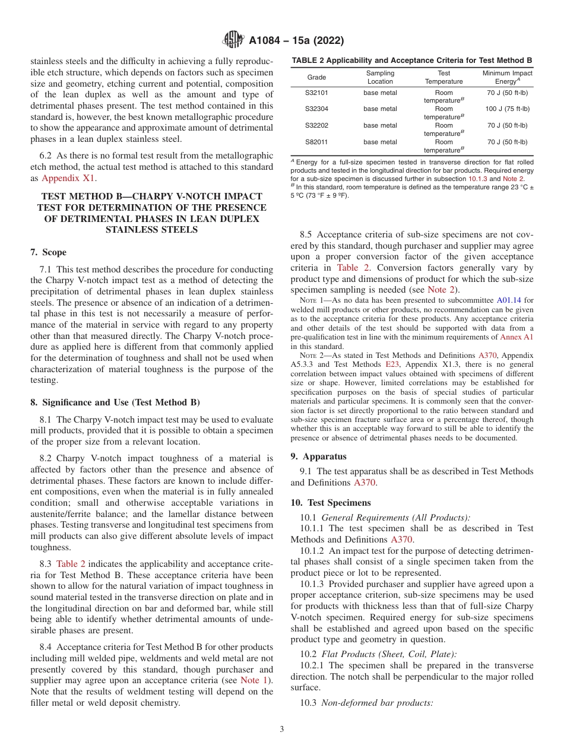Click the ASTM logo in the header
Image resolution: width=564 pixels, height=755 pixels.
pos(233,40)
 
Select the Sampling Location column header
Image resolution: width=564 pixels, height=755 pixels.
pos(380,77)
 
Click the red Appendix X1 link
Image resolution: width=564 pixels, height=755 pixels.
pos(68,178)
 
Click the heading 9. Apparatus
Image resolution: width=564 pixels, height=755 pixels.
pos(318,456)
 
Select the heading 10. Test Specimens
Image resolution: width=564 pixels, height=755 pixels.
pos(330,502)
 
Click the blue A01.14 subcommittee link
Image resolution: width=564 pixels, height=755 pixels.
pos(508,301)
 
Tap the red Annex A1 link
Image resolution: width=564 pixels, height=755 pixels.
pos(517,337)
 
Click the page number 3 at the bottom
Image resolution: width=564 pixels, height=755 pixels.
pos(282,729)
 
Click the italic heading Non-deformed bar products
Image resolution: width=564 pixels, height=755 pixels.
pos(377,703)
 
